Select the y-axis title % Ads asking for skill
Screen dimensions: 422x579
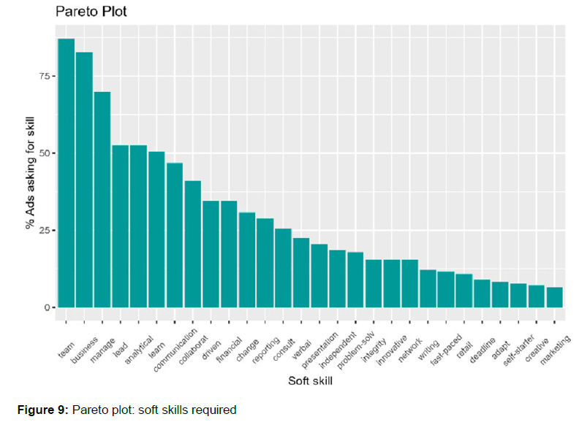coord(30,172)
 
